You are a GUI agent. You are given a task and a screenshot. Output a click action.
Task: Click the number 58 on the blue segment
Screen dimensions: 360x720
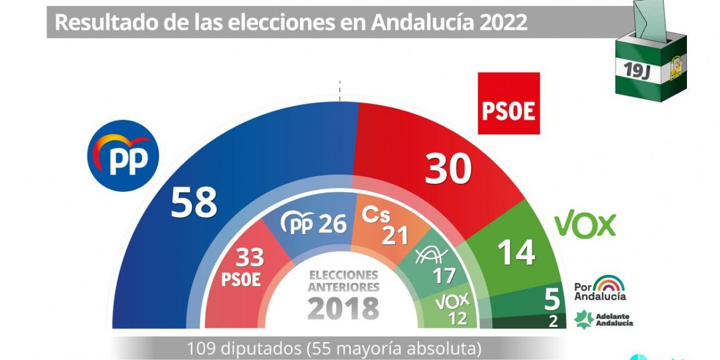[194, 202]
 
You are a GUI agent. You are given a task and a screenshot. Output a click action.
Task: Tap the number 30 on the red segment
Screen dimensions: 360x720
[448, 169]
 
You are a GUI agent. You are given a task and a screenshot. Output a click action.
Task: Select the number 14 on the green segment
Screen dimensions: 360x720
[516, 253]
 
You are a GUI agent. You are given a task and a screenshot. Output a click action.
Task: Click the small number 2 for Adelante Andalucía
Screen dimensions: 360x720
[553, 321]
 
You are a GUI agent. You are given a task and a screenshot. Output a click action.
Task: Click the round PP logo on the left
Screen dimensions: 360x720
[122, 155]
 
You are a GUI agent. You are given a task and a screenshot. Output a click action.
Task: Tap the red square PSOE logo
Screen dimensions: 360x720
[508, 103]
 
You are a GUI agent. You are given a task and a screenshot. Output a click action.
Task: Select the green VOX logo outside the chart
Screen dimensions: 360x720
[585, 225]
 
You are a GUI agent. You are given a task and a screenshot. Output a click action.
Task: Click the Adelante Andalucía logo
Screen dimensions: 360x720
[603, 319]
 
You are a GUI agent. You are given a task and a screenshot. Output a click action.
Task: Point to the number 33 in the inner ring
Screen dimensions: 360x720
[249, 257]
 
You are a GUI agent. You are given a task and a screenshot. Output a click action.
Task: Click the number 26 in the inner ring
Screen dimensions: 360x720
[332, 224]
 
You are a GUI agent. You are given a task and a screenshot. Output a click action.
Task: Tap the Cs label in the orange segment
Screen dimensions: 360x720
[376, 214]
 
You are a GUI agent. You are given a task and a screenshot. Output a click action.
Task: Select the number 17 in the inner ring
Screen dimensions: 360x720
[444, 275]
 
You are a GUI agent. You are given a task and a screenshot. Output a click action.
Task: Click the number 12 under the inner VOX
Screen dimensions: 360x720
[457, 318]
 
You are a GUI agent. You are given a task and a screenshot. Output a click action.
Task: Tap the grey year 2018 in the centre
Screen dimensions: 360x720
[343, 308]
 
